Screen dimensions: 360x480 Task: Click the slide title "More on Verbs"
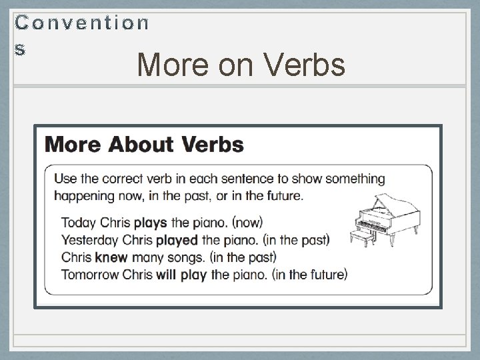pos(241,65)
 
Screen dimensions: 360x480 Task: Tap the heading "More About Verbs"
pos(144,144)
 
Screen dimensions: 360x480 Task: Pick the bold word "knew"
pos(111,256)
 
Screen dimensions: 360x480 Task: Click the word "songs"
pos(183,256)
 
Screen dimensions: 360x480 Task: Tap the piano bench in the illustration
pos(362,238)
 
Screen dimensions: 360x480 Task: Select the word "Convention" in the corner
pos(82,23)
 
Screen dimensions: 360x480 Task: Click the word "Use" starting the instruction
pos(65,179)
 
